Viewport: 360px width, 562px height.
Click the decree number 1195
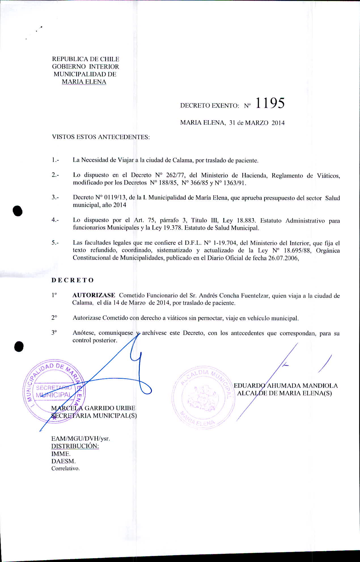pos(270,103)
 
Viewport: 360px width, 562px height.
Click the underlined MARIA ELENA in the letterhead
pos(84,82)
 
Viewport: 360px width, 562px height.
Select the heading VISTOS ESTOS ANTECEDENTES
pos(101,137)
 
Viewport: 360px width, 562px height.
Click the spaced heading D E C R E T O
pos(73,280)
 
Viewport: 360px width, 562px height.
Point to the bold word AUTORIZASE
pos(94,296)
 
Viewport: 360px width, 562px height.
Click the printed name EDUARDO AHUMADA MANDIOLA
pos(286,386)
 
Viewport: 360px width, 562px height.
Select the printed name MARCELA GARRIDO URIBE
pos(93,408)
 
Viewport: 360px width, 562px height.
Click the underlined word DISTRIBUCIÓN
pos(75,446)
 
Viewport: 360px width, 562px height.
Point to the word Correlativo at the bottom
pos(65,468)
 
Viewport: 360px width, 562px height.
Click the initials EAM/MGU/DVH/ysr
pos(81,438)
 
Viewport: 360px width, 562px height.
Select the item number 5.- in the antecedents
pos(55,243)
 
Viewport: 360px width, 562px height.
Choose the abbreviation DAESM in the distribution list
pos(63,461)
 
